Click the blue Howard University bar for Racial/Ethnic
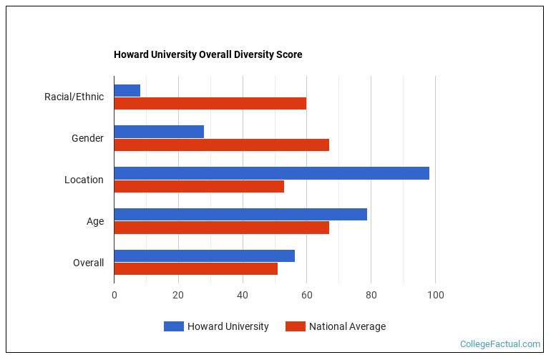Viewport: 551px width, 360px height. click(127, 90)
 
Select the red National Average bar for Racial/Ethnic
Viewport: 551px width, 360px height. click(210, 103)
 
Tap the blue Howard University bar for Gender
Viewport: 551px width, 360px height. click(159, 132)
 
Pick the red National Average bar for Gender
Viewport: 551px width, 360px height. click(221, 145)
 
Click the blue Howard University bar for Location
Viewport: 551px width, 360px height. click(271, 173)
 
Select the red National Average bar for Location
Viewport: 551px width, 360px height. click(199, 186)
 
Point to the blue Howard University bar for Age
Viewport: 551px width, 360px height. click(240, 215)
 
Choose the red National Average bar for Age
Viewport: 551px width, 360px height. click(221, 228)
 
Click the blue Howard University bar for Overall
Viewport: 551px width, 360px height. click(204, 256)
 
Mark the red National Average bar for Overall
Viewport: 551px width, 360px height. click(195, 269)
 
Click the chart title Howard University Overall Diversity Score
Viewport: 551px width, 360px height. click(208, 55)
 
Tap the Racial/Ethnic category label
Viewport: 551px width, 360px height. click(74, 97)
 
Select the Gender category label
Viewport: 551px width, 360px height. click(87, 138)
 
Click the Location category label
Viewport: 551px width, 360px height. click(84, 180)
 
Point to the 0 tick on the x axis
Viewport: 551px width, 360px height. click(114, 295)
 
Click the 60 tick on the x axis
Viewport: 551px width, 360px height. click(307, 295)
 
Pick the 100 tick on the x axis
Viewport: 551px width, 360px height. click(435, 295)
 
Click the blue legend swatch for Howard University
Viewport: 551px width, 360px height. click(173, 326)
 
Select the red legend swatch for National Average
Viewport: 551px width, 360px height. click(295, 326)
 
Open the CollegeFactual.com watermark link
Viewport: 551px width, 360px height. click(499, 344)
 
